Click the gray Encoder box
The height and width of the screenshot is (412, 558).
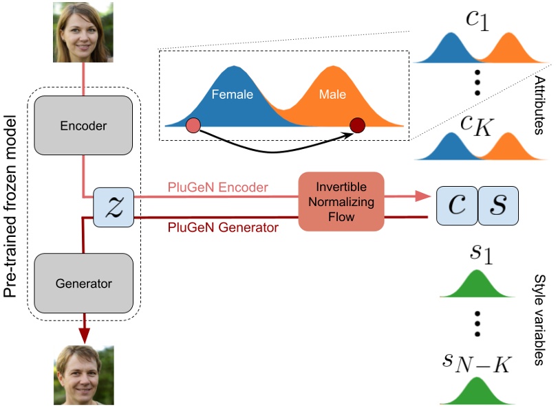[83, 125]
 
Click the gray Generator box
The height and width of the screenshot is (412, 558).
[83, 282]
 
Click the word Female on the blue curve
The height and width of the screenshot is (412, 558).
[232, 94]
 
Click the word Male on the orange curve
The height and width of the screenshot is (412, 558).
[332, 94]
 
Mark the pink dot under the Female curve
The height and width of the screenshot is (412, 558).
[193, 125]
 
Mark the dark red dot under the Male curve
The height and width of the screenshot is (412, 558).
[357, 125]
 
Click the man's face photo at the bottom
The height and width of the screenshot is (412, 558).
[83, 375]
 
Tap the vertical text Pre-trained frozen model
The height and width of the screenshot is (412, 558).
[12, 207]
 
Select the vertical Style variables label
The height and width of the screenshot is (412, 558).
[539, 320]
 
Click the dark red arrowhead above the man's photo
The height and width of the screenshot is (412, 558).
[83, 333]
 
